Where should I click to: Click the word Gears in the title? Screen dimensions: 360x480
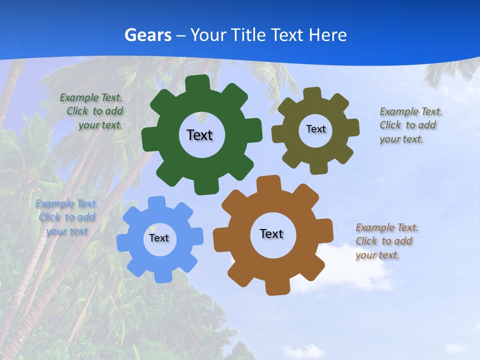[147, 35]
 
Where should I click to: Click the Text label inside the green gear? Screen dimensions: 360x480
[199, 135]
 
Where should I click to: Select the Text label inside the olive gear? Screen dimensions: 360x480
[315, 129]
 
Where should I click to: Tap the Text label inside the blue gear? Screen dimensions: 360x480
[159, 238]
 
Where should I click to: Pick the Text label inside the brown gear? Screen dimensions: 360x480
[271, 233]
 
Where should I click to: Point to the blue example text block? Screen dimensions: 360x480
[67, 217]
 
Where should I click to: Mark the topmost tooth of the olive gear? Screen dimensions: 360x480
[312, 93]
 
